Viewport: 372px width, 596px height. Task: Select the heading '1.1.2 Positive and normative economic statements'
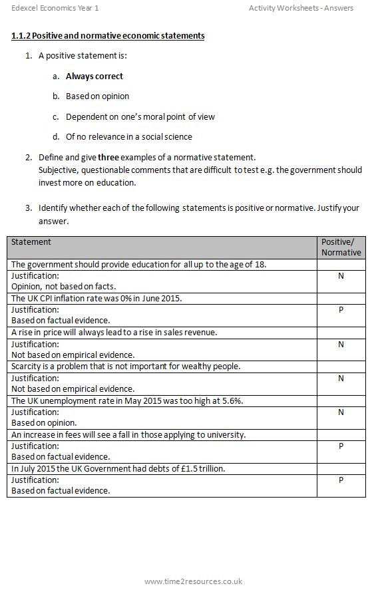(108, 35)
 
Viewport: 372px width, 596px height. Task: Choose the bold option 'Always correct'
(94, 76)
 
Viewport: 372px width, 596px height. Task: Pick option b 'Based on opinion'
(97, 96)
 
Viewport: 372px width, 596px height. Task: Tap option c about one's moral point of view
(140, 117)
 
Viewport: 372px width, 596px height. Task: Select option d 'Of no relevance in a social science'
(128, 137)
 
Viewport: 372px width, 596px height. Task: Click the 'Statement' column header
(31, 242)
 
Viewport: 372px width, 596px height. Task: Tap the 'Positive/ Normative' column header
(341, 247)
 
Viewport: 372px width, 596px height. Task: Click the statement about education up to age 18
(138, 265)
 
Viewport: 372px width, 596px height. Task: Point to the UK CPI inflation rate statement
(96, 299)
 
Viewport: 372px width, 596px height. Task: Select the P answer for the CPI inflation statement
(341, 310)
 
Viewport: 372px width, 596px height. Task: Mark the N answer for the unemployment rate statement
(341, 412)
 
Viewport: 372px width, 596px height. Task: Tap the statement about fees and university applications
(128, 435)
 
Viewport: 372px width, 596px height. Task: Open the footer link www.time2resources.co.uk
(193, 581)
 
